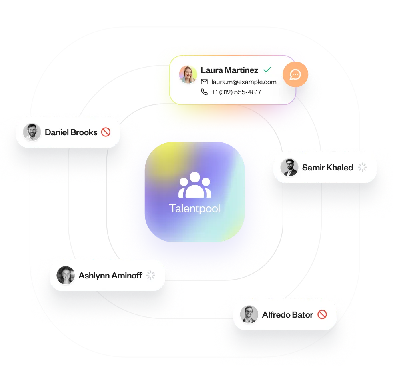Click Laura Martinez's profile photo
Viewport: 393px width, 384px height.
click(188, 74)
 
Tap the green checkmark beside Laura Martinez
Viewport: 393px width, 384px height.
click(267, 70)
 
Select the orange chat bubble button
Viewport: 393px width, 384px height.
click(295, 74)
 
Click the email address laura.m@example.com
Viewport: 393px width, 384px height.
click(244, 82)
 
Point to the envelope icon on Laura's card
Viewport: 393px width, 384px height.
click(204, 82)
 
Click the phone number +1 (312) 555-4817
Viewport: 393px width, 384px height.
click(236, 92)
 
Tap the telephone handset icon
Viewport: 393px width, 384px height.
click(204, 92)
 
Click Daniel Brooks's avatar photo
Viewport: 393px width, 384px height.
click(32, 132)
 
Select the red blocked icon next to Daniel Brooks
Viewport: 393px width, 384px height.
click(106, 132)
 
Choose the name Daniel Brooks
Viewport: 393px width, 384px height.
click(71, 132)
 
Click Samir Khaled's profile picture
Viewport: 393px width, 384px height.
click(289, 167)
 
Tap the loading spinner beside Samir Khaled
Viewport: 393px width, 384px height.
click(363, 167)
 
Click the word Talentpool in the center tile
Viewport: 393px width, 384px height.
click(195, 208)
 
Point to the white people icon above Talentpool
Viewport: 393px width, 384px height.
click(195, 185)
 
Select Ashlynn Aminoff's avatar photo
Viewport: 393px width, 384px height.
click(66, 275)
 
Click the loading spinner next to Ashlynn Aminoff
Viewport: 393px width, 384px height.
click(151, 275)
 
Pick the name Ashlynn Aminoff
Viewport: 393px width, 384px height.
click(110, 276)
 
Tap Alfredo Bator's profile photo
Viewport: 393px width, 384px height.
click(249, 315)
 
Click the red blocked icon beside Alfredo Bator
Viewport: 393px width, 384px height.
click(322, 314)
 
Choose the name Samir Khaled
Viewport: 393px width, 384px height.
click(328, 168)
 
